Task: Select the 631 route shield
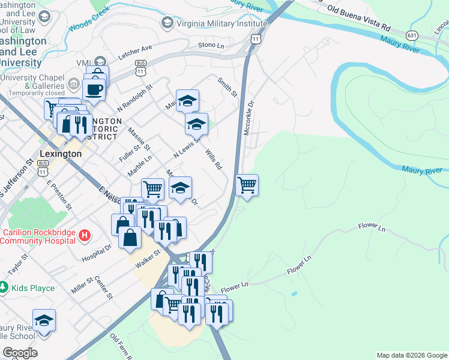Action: coord(411,35)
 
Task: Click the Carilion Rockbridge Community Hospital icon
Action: coord(85,234)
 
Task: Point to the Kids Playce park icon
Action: coord(4,288)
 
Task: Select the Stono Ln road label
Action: coord(211,46)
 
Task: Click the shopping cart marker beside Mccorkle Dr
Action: coord(247,185)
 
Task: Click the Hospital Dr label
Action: coord(97,253)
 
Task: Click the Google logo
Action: coord(20,353)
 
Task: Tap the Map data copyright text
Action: coord(411,355)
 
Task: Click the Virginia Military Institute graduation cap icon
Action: coord(167,22)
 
